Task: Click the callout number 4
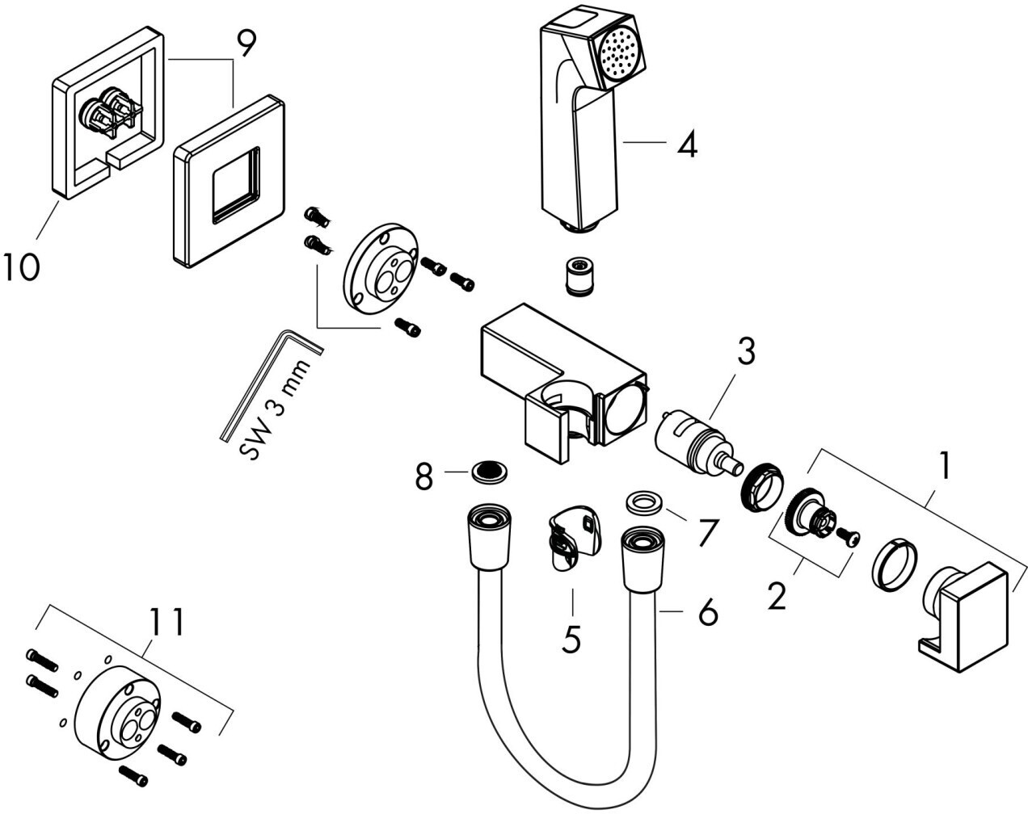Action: tap(686, 145)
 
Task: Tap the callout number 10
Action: tap(20, 266)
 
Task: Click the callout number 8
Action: tap(424, 476)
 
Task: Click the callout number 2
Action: tap(777, 598)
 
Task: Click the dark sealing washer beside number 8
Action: tap(489, 472)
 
